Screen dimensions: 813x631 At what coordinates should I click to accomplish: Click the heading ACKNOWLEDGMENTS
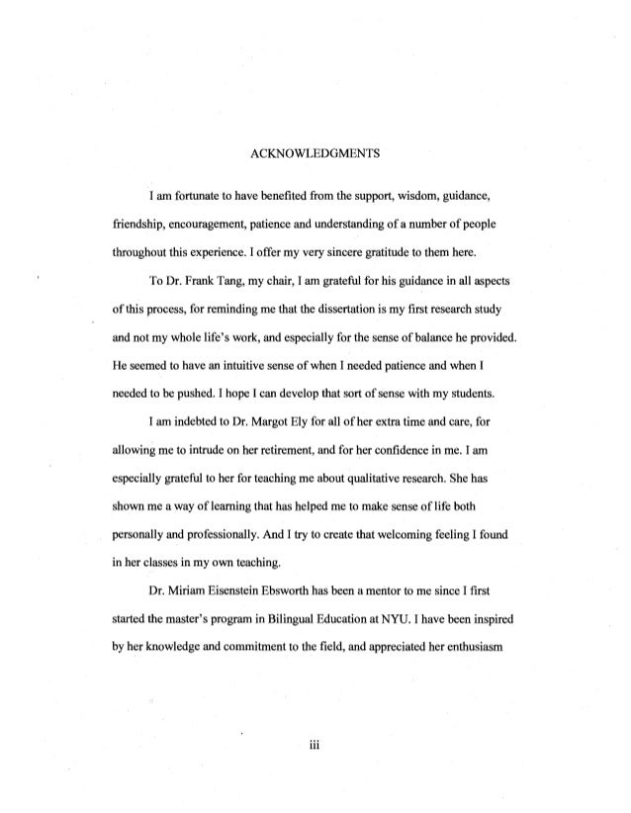pos(315,153)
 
